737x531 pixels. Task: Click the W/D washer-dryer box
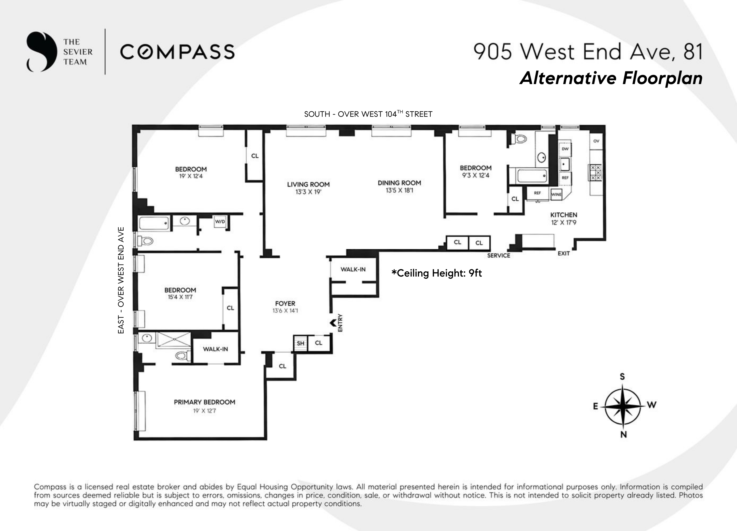click(x=220, y=221)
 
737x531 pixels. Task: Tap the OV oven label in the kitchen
click(x=596, y=141)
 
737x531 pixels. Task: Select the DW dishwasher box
click(x=565, y=149)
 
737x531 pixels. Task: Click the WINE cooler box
click(x=556, y=194)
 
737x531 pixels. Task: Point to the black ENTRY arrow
click(x=333, y=323)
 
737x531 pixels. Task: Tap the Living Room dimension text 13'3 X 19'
click(x=308, y=192)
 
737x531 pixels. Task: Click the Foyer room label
click(x=285, y=303)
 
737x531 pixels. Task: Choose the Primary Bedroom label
click(x=204, y=402)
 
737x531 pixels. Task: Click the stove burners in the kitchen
click(x=595, y=173)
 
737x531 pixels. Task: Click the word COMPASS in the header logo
click(x=177, y=52)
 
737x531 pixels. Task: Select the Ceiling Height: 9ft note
click(x=436, y=273)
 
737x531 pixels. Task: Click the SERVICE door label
click(x=498, y=256)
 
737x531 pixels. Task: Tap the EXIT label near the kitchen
click(x=564, y=253)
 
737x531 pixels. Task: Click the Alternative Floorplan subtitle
click(x=611, y=78)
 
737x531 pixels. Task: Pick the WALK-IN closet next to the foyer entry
click(x=353, y=269)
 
